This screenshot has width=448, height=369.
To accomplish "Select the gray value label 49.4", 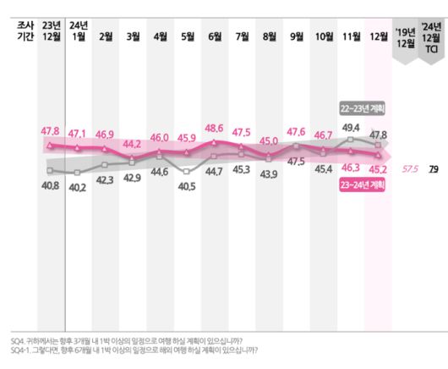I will pyautogui.click(x=351, y=127).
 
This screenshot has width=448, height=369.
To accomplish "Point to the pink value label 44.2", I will pyautogui.click(x=133, y=144).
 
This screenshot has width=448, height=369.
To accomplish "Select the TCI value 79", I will pyautogui.click(x=432, y=168).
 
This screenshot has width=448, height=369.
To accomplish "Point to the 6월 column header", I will pyautogui.click(x=215, y=36).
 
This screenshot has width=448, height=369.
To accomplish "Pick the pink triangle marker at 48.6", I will pyautogui.click(x=215, y=142).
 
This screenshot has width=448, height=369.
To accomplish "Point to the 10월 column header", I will pyautogui.click(x=324, y=36).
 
